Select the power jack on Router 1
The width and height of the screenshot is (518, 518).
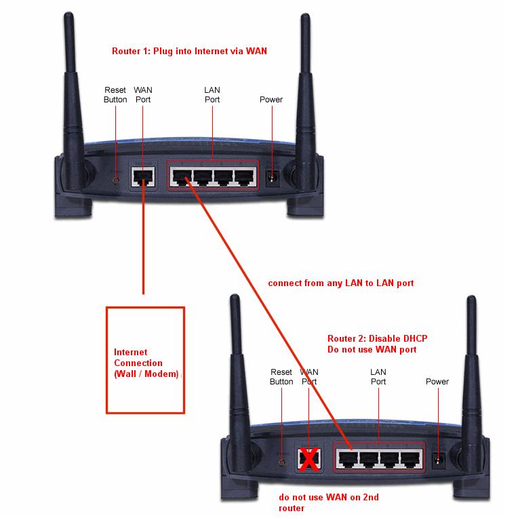coord(273,178)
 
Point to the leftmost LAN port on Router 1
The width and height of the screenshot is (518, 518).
coord(181,178)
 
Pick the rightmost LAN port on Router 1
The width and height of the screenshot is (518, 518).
coord(244,178)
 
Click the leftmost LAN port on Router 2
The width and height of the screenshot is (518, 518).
coord(346,458)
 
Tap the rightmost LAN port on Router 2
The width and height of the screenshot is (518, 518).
coord(409,458)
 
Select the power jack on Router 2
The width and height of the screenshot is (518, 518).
coord(438,460)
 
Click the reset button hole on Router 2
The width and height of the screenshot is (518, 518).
coord(281,462)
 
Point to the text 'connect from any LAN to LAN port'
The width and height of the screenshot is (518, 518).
coord(340,283)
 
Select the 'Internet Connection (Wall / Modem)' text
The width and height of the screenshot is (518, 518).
coord(145,363)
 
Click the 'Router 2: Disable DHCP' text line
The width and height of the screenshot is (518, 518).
coord(377,338)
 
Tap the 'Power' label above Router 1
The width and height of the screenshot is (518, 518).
coord(271,100)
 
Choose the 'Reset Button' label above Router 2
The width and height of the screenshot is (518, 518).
coord(281,377)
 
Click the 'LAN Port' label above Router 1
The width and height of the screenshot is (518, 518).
coord(212,95)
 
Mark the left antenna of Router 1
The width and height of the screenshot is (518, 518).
coord(74,88)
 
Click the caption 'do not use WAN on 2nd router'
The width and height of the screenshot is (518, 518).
coord(329,502)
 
